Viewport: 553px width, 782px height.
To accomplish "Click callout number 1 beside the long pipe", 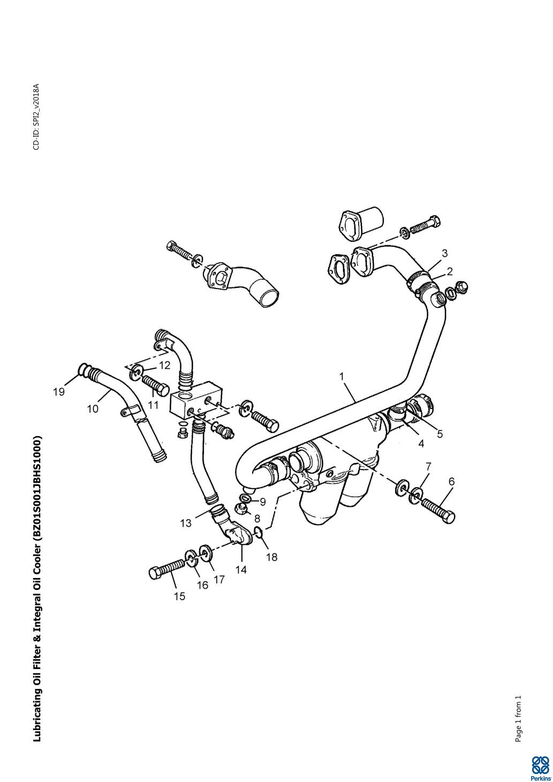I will [x=342, y=376].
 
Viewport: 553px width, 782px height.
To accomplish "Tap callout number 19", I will [x=59, y=392].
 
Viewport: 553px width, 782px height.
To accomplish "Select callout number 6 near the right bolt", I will [x=451, y=482].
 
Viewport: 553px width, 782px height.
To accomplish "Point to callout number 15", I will [x=179, y=596].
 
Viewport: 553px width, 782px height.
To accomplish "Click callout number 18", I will [x=272, y=557].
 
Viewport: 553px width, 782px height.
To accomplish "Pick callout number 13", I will [x=186, y=523].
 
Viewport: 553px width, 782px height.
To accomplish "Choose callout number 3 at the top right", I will [x=444, y=253].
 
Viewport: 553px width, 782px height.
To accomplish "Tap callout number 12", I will [x=164, y=366].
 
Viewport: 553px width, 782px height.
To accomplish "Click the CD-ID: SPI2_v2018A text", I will [x=36, y=117].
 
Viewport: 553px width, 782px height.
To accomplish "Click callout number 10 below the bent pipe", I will [x=93, y=408].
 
